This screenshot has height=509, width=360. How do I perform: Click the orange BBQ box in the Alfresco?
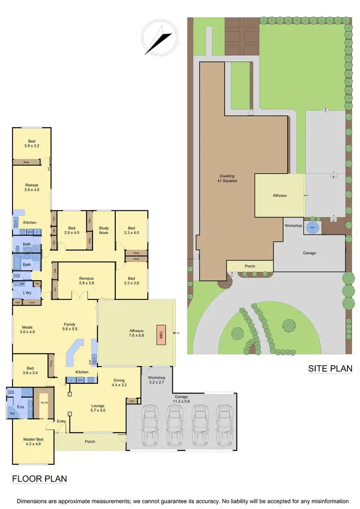tap(161, 333)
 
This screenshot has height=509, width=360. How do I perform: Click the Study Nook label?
tap(104, 231)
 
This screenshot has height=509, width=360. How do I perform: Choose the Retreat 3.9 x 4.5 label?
tap(31, 188)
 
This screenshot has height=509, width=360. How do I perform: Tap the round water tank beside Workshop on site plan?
tap(312, 228)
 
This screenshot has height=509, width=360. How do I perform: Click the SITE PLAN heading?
tap(330, 368)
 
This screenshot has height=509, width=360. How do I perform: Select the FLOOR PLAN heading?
tap(39, 478)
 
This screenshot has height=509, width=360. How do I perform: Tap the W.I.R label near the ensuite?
tap(43, 402)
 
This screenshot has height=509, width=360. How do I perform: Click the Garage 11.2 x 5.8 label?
tap(181, 400)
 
